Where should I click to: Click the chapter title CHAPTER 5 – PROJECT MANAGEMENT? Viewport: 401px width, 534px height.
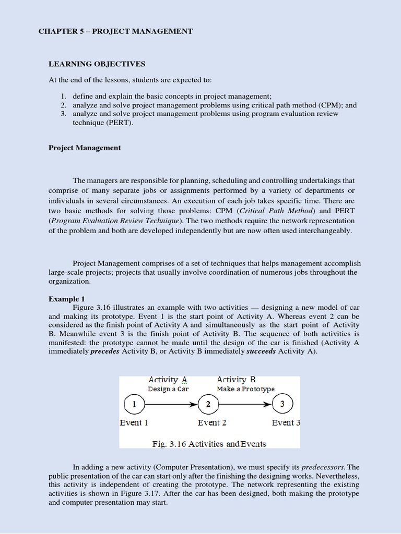115,31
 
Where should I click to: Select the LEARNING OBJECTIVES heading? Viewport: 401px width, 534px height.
97,64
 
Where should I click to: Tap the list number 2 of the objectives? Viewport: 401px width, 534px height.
63,105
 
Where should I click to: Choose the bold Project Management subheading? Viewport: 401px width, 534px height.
85,148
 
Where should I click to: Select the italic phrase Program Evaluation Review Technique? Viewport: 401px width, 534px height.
115,221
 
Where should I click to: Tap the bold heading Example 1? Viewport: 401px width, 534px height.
66,299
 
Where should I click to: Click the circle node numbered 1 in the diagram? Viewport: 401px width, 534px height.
134,404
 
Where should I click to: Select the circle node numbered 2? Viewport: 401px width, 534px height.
208,404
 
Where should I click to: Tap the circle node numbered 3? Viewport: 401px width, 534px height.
282,404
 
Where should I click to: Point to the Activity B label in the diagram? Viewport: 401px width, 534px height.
237,380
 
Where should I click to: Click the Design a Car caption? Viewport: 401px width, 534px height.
168,389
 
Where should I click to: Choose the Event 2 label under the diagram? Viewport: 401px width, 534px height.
212,422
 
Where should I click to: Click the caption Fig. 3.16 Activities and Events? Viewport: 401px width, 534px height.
209,444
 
